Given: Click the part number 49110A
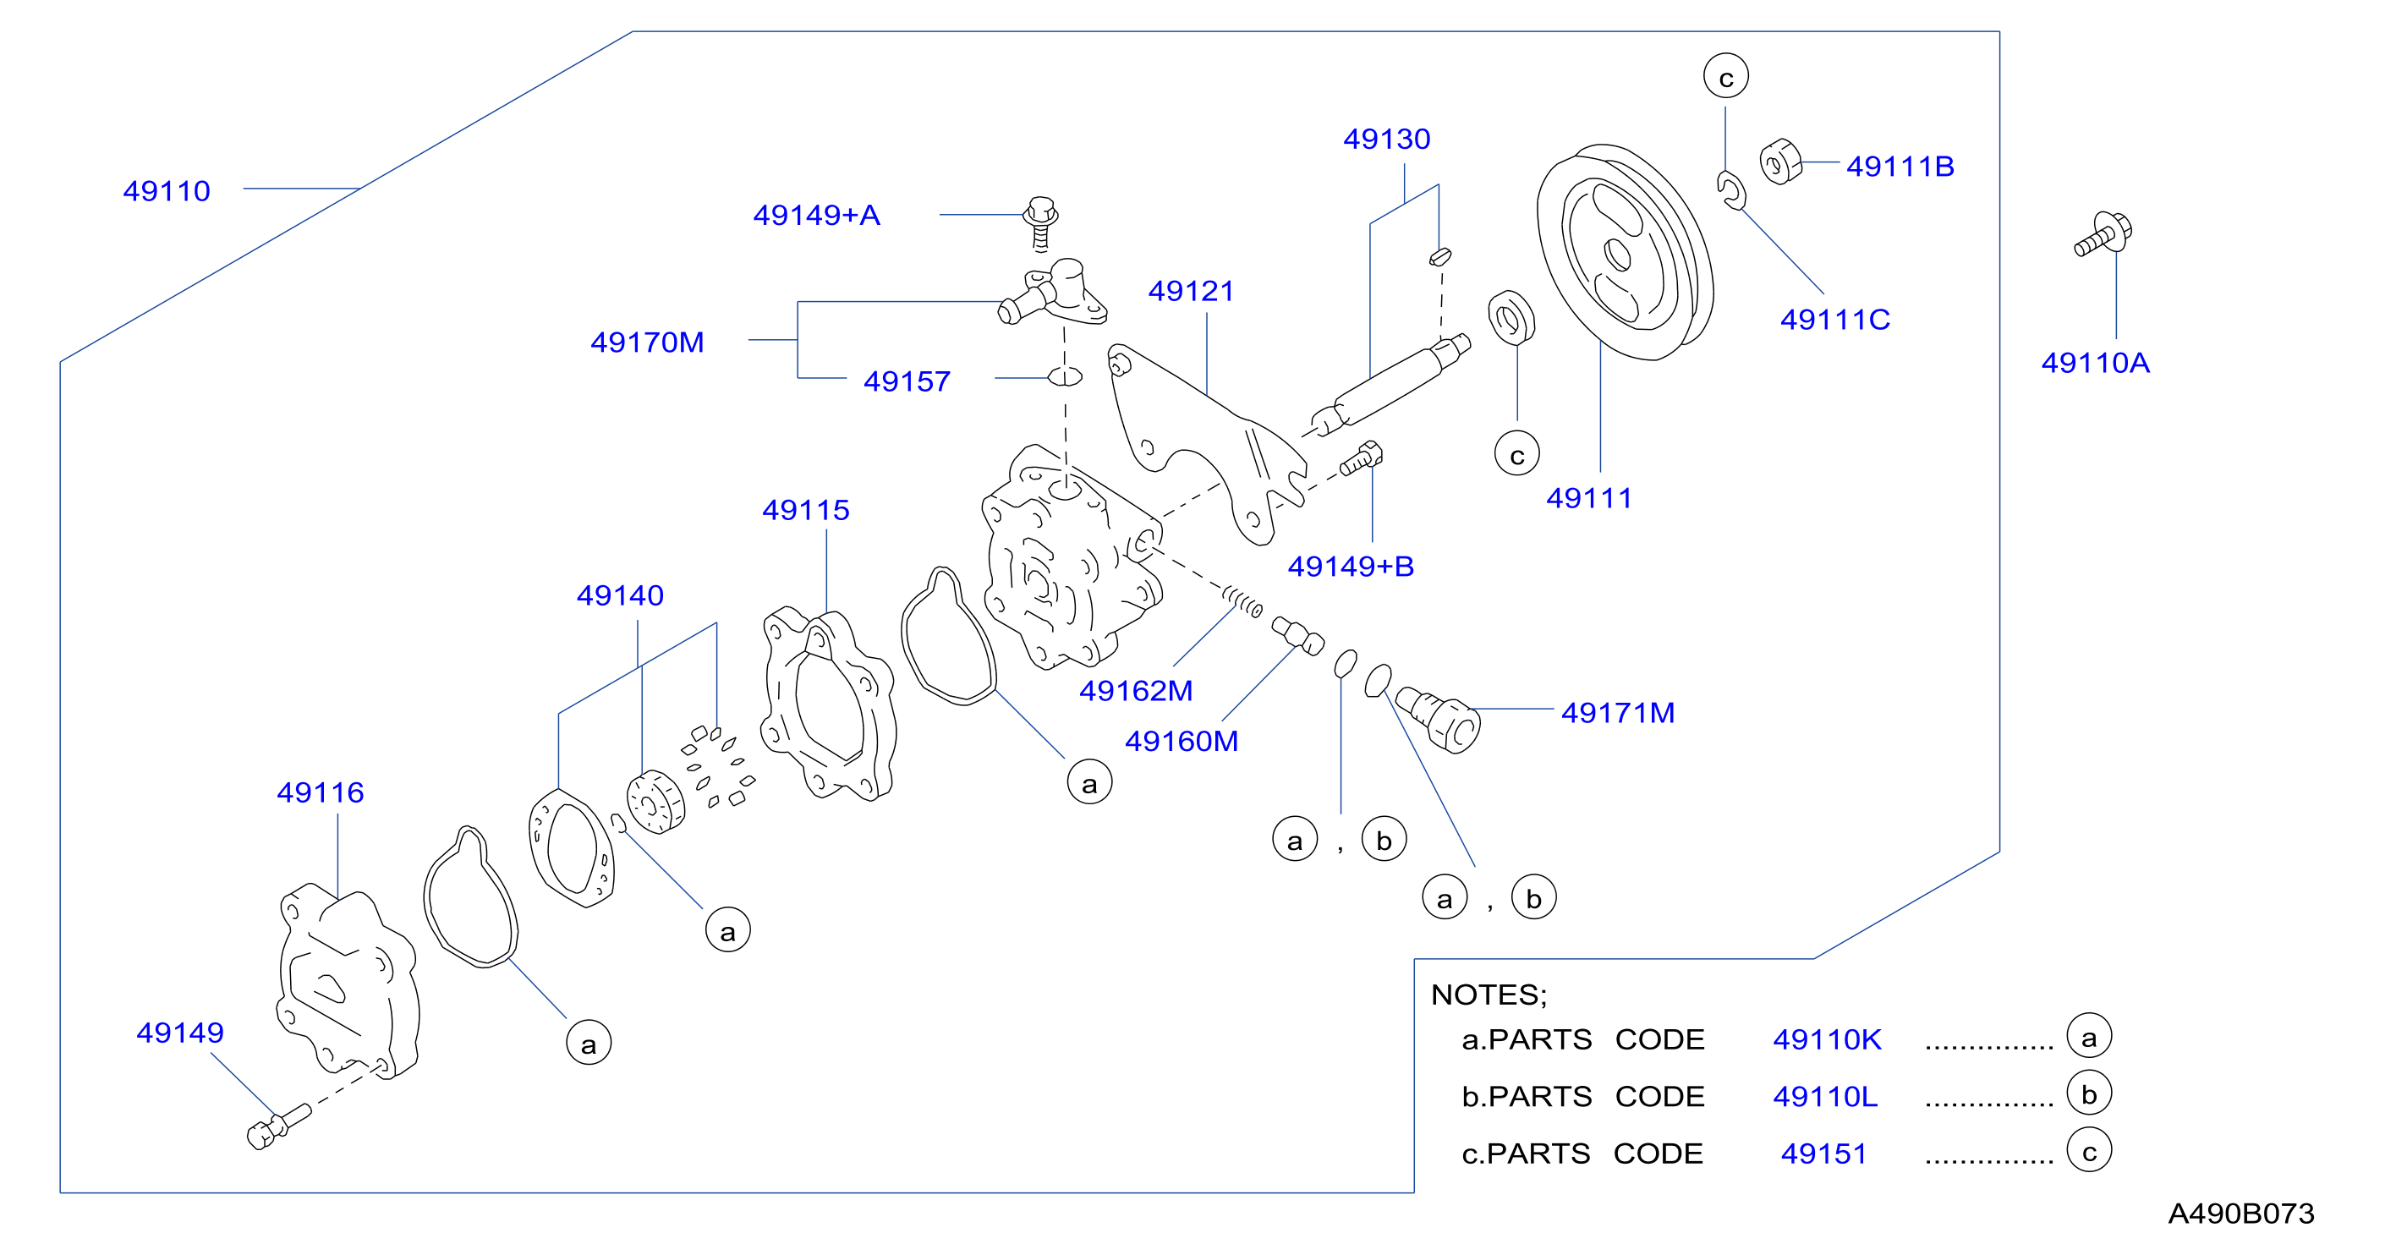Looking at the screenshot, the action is click(2095, 363).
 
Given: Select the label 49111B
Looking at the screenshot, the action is click(1900, 167).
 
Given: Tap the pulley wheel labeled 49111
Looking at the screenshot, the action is click(1625, 251).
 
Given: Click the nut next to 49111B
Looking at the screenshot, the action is click(1780, 162).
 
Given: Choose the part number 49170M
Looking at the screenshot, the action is click(647, 342).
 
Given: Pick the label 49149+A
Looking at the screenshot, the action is click(817, 215).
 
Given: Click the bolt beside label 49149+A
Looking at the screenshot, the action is click(1041, 223).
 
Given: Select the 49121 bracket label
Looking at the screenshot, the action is click(1192, 291).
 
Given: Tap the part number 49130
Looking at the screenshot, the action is click(1387, 139).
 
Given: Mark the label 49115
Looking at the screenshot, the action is click(805, 509).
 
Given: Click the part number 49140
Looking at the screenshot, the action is click(619, 595).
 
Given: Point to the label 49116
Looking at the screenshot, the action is click(320, 792).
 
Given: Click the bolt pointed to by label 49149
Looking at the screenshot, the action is click(278, 1126).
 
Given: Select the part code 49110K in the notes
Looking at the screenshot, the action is click(1827, 1039).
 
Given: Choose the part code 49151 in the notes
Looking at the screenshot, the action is click(1823, 1154).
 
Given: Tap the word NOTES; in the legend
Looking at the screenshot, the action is click(1489, 995).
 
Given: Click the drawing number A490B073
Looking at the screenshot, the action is click(2240, 1213).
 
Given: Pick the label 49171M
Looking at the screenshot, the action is click(1617, 713).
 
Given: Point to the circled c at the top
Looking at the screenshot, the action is click(1726, 77).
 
